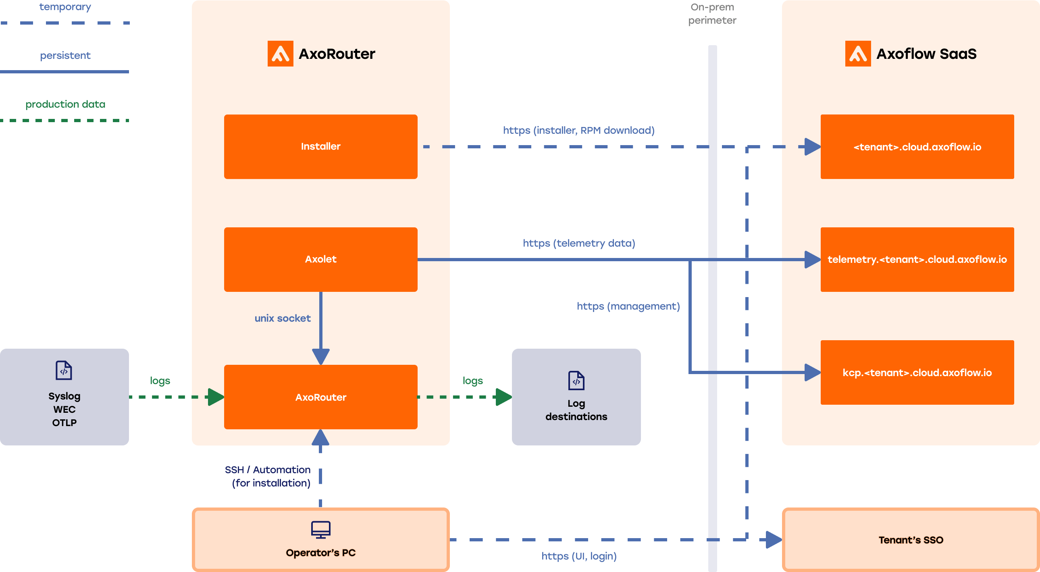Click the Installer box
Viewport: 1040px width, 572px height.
point(320,147)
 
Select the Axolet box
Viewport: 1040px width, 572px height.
point(320,259)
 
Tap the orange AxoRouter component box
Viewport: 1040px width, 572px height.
point(320,397)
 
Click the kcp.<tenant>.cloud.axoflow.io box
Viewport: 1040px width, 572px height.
point(917,372)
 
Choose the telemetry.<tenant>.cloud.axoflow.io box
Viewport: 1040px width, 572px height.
point(917,259)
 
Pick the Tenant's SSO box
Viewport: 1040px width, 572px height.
point(911,540)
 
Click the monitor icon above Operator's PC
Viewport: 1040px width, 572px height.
point(320,529)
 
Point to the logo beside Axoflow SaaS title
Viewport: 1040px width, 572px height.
point(857,54)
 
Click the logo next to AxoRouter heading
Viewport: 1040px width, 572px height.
point(280,54)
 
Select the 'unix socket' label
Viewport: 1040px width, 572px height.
point(282,318)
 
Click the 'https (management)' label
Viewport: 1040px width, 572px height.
point(628,306)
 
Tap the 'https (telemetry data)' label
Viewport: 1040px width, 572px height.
point(578,243)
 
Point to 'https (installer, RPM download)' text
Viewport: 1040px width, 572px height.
point(578,130)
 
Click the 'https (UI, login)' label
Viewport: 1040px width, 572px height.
point(578,556)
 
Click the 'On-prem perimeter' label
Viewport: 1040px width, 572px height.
point(712,14)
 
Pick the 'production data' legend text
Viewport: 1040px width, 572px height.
point(65,104)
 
